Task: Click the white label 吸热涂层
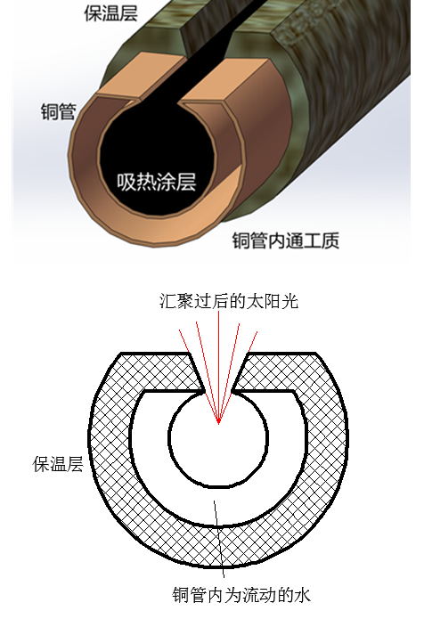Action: [157, 182]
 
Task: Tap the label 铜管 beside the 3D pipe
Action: [59, 111]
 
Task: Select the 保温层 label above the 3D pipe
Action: [111, 12]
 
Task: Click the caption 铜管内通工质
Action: [285, 240]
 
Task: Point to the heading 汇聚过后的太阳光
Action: [229, 302]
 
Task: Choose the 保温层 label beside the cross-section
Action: [58, 464]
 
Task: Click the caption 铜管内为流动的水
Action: [241, 595]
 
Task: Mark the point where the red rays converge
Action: [219, 424]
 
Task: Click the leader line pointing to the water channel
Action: [219, 539]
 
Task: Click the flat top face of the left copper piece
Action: [141, 76]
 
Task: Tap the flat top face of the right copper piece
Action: [226, 80]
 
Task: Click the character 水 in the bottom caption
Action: [302, 595]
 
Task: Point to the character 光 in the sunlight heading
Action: [290, 302]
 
